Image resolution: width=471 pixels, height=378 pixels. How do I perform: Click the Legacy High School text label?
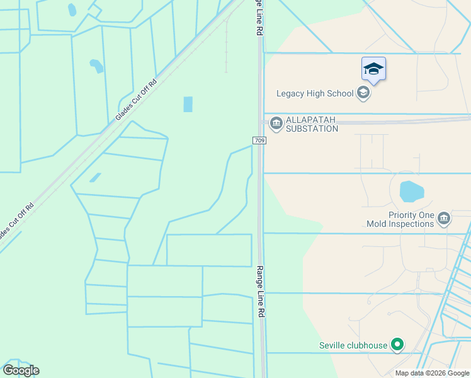[x=315, y=94]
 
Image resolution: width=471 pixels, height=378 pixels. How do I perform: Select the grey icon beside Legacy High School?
[x=363, y=94]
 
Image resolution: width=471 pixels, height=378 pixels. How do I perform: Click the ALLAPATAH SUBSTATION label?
[x=312, y=124]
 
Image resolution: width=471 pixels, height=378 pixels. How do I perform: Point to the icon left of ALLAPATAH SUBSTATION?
[x=276, y=122]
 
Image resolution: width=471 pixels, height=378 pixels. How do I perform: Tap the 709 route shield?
[x=259, y=140]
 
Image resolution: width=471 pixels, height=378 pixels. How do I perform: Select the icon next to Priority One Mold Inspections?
[x=444, y=218]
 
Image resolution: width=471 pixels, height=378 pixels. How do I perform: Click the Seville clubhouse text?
[x=353, y=345]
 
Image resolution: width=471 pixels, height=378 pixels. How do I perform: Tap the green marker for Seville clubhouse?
[x=397, y=345]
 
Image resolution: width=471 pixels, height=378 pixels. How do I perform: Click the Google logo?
[x=21, y=370]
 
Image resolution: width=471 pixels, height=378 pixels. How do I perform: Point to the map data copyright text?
[x=432, y=373]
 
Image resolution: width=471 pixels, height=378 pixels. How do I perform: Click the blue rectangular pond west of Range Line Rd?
[x=188, y=104]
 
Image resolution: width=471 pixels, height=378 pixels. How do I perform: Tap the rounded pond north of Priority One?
[x=411, y=191]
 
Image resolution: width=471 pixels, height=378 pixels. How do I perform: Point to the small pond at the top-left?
[x=72, y=9]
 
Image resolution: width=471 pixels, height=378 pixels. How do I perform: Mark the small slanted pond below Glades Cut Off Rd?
[x=94, y=178]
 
